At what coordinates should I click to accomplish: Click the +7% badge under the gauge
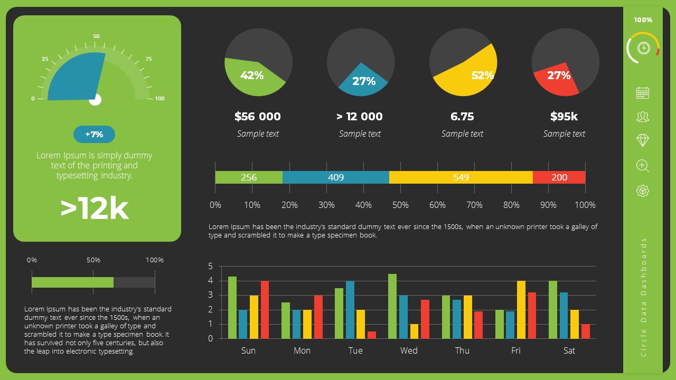94,135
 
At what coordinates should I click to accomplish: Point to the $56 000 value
258,117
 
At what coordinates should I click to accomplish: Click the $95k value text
564,117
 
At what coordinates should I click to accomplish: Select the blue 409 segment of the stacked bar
336,177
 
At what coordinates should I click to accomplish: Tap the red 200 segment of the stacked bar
559,177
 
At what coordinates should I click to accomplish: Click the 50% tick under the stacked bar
400,205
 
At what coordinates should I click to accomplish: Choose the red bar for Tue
372,335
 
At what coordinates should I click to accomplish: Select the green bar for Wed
392,306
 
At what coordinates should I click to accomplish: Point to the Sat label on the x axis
569,350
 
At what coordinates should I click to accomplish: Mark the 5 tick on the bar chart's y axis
211,266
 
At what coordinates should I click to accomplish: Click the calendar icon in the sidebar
643,93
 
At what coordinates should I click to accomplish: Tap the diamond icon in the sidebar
643,140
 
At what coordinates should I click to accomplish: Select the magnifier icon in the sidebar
643,166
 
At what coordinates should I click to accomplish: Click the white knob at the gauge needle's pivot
95,100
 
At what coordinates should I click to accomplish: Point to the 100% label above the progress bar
155,260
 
